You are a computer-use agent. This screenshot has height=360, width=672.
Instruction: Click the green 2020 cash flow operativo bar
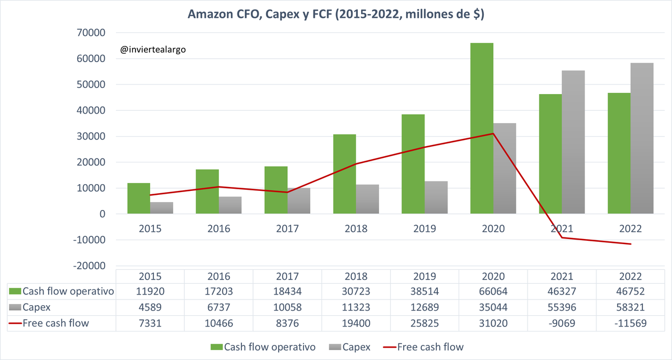click(482, 129)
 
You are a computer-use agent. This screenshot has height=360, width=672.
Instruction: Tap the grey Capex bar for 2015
click(161, 208)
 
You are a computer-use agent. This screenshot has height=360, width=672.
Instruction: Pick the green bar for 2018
click(344, 174)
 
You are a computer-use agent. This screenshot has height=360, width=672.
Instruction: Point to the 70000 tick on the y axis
click(90, 32)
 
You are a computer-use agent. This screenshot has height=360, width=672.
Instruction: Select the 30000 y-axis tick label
click(90, 137)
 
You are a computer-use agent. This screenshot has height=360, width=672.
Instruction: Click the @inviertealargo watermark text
click(153, 50)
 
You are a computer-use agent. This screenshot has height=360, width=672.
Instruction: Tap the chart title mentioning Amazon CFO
click(336, 14)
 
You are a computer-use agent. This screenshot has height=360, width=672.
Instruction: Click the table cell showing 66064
click(493, 291)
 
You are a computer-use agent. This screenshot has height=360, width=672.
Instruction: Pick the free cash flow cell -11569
click(631, 323)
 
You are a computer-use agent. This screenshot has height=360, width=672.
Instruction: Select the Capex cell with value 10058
click(287, 307)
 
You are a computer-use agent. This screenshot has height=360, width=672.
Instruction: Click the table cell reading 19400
click(356, 323)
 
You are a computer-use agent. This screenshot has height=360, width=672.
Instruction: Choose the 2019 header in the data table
click(424, 277)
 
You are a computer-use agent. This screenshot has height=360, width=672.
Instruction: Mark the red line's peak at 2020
click(493, 133)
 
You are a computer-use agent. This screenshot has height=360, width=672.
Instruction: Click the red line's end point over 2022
click(631, 244)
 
